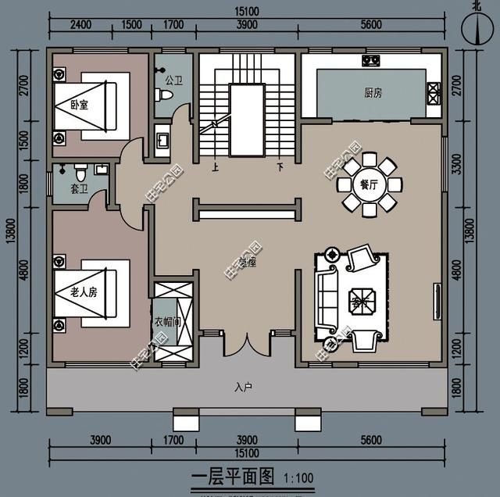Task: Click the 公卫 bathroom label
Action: pyautogui.click(x=173, y=80)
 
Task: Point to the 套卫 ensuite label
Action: pyautogui.click(x=79, y=188)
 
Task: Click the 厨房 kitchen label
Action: pyautogui.click(x=373, y=92)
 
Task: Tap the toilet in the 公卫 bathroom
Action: pyautogui.click(x=163, y=95)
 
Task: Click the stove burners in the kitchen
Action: pyautogui.click(x=370, y=60)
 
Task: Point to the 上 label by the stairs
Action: pyautogui.click(x=216, y=166)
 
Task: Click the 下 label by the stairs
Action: pyautogui.click(x=279, y=166)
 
